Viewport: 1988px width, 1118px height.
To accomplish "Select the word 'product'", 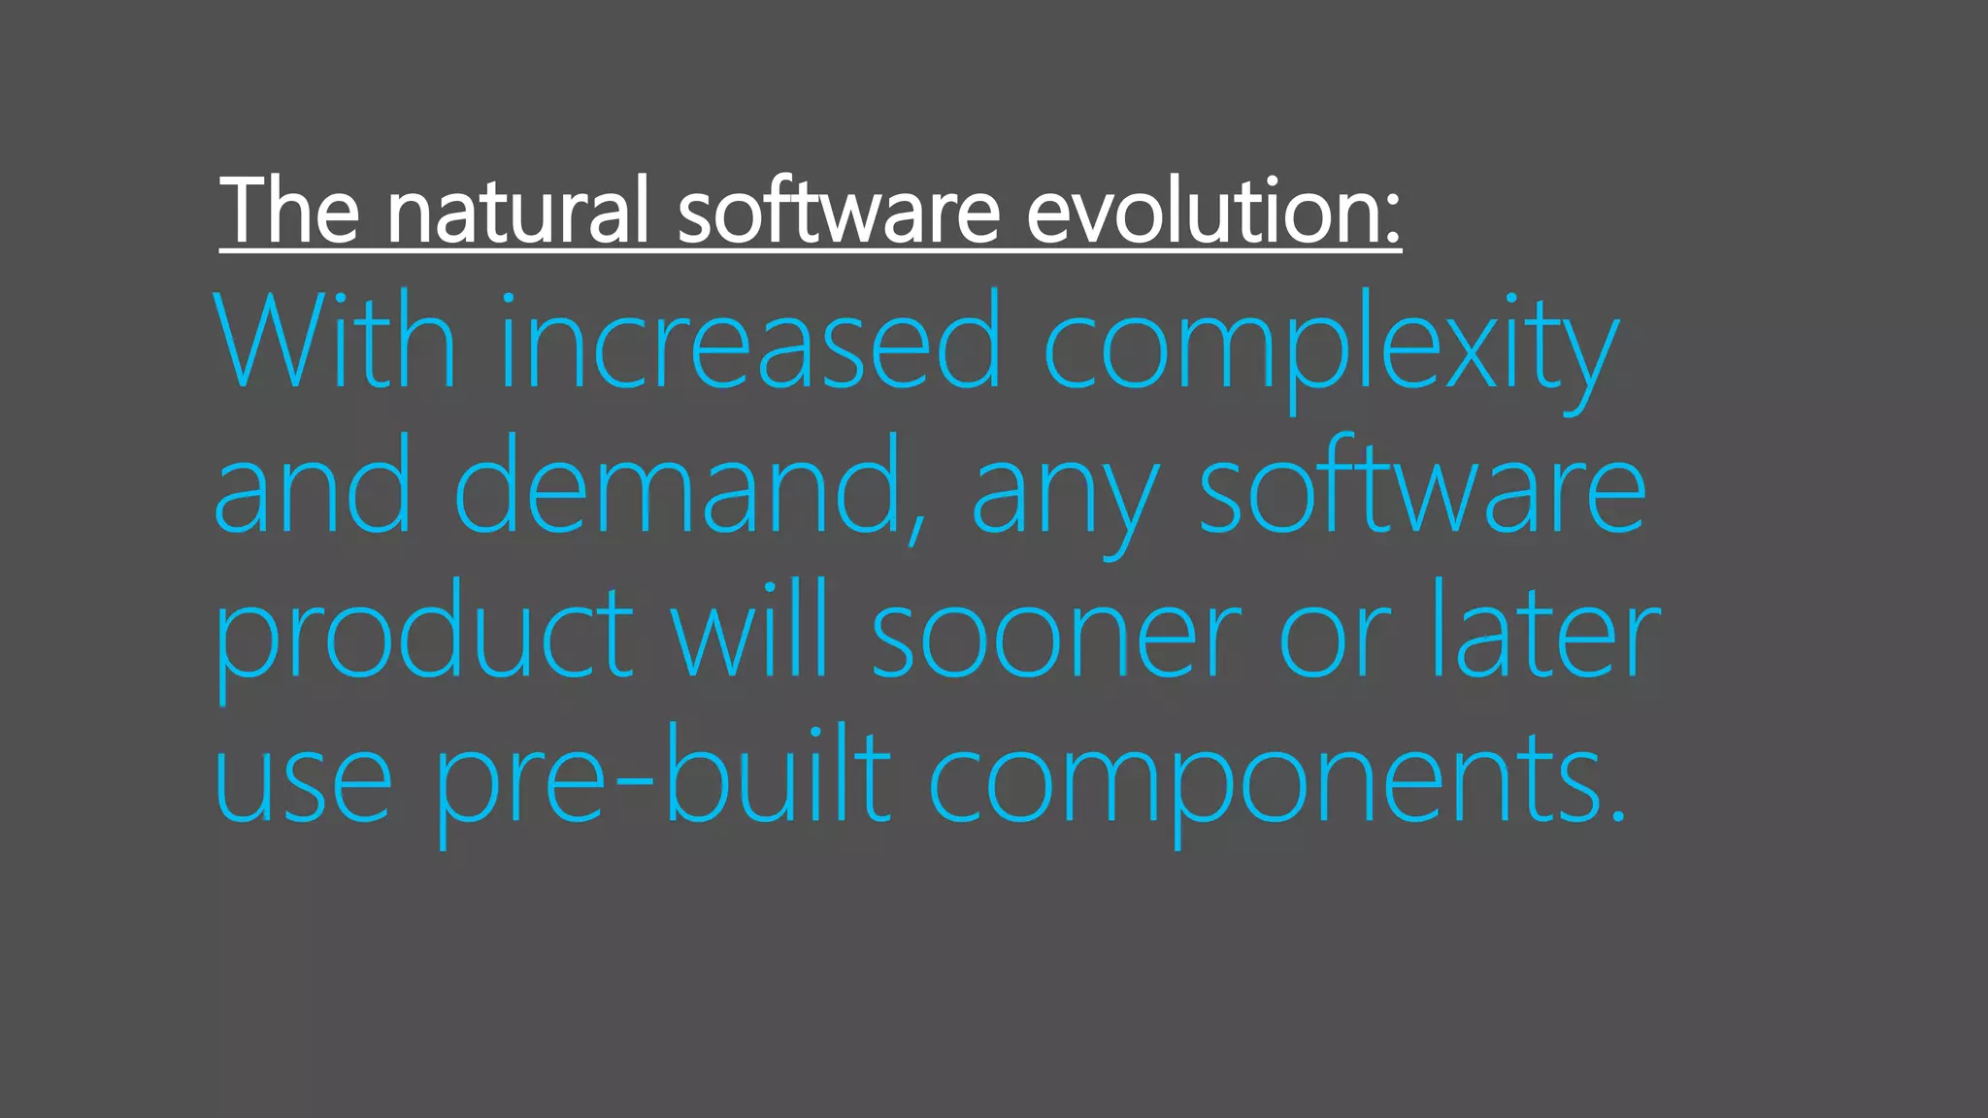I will point(423,636).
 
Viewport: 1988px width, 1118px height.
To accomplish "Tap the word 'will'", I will point(748,631).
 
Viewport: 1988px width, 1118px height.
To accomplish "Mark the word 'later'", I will point(1544,631).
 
